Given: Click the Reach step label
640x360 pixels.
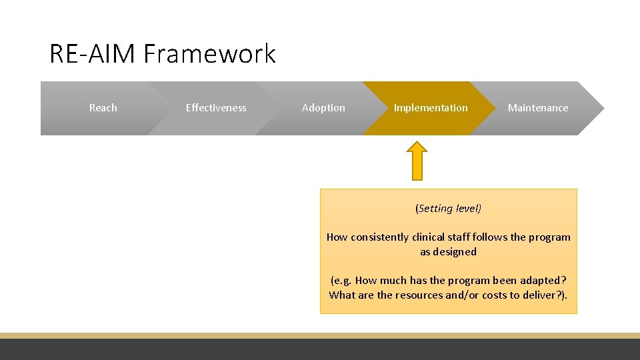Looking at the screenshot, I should pyautogui.click(x=103, y=108).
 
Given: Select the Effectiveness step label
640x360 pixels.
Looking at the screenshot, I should pyautogui.click(x=216, y=108).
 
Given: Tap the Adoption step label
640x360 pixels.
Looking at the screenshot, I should pyautogui.click(x=323, y=108).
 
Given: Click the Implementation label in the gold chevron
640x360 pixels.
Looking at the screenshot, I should pyautogui.click(x=431, y=108).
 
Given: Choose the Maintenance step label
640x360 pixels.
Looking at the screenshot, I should pyautogui.click(x=538, y=108).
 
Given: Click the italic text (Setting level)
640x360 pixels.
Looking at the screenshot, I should pyautogui.click(x=448, y=209).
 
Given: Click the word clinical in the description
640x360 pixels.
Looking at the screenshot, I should pyautogui.click(x=430, y=237).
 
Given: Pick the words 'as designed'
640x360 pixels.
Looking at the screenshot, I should pyautogui.click(x=448, y=252).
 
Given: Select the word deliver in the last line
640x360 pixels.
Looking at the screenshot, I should pyautogui.click(x=537, y=295).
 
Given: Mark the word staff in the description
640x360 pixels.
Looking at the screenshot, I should pyautogui.click(x=463, y=237).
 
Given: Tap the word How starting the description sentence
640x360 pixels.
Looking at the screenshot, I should pyautogui.click(x=337, y=237).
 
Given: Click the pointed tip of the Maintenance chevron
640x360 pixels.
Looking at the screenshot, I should pyautogui.click(x=603, y=108).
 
